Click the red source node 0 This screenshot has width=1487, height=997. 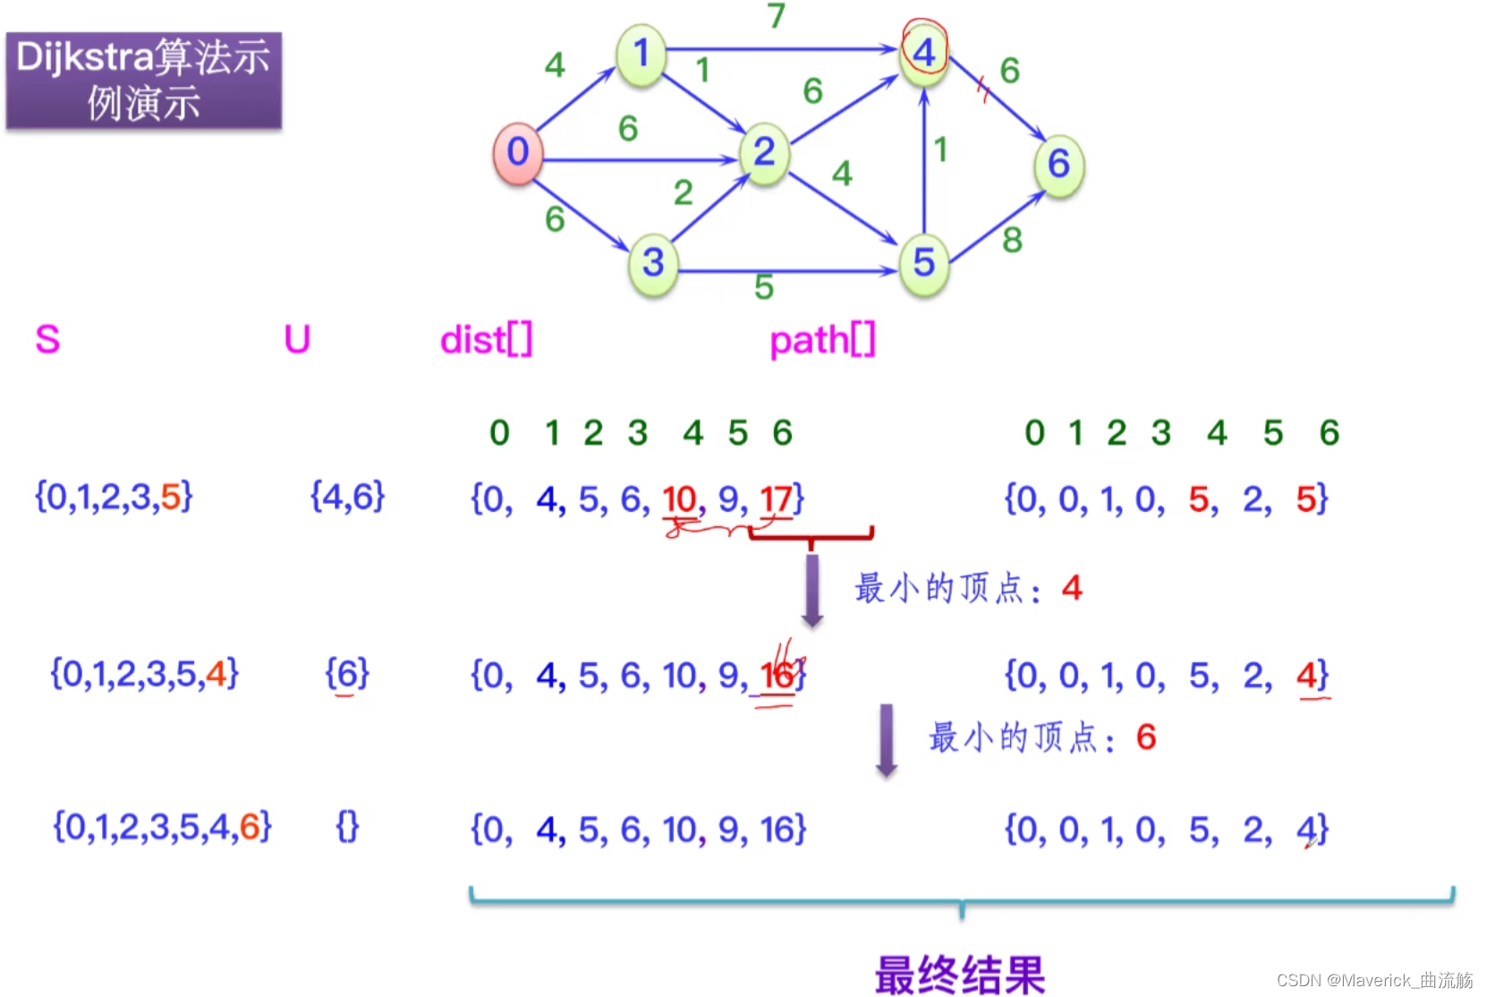(x=517, y=153)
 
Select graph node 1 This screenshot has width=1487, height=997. (x=641, y=55)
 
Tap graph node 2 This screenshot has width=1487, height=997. (x=764, y=153)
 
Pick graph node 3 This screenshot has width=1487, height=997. (x=653, y=263)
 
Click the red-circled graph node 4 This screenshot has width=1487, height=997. (x=924, y=53)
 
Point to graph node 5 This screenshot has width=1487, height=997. (x=924, y=263)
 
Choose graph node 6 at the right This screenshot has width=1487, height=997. (x=1059, y=165)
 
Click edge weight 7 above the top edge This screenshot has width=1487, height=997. (x=777, y=15)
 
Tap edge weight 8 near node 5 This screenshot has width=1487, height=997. (x=1012, y=240)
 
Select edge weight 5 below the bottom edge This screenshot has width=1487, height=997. (x=763, y=287)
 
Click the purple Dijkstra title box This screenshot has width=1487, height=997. (x=144, y=81)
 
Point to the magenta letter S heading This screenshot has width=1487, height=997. (x=47, y=340)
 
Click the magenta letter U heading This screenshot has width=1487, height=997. (x=297, y=340)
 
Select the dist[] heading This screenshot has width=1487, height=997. (x=486, y=340)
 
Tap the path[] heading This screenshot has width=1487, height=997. (x=822, y=340)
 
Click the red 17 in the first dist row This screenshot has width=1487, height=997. (x=776, y=498)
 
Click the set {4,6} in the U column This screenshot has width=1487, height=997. (x=347, y=496)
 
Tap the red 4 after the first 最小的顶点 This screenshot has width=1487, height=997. (x=1072, y=588)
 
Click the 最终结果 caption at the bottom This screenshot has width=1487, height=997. (x=960, y=974)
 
